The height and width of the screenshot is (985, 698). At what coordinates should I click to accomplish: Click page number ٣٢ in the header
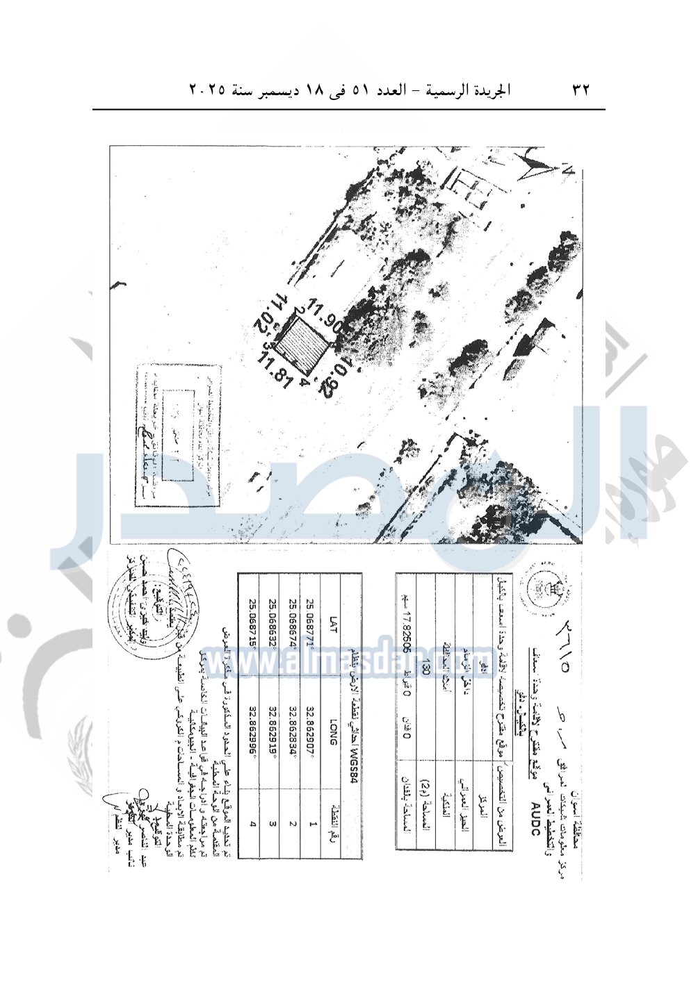(581, 90)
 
